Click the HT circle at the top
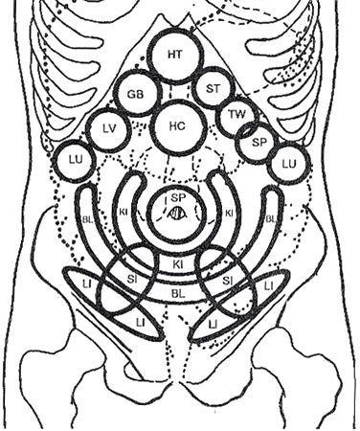tap(174, 55)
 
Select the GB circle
tap(136, 95)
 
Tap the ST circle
tap(213, 89)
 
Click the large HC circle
tap(175, 125)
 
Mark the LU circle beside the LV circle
tap(70, 160)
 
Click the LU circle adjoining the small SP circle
tap(286, 164)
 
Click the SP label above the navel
tap(177, 197)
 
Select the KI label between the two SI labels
tap(179, 262)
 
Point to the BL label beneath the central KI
tap(178, 286)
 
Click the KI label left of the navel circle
tap(123, 212)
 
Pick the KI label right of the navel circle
tap(230, 212)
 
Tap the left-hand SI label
tap(131, 279)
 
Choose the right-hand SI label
tap(226, 279)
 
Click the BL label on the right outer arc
tap(271, 219)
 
